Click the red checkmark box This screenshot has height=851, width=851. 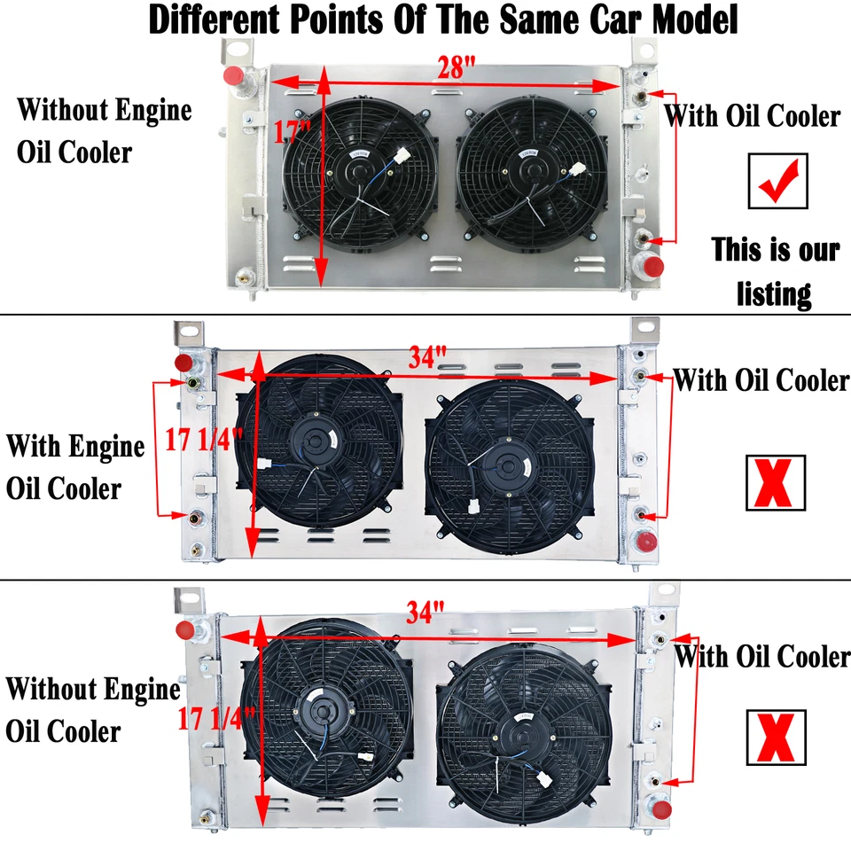tap(777, 181)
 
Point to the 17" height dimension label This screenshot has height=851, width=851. tap(292, 134)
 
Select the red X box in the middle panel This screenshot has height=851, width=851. tap(777, 482)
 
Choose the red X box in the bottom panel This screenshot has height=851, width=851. tap(777, 738)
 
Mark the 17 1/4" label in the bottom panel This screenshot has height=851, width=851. tap(216, 717)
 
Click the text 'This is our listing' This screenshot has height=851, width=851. tap(775, 271)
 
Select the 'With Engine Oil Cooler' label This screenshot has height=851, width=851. tap(74, 466)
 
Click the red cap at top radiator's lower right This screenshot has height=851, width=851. tap(654, 266)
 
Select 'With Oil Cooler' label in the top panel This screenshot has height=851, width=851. tap(753, 115)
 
